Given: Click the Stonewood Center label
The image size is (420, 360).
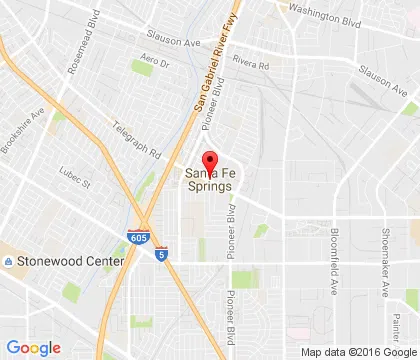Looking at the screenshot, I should coord(70,261).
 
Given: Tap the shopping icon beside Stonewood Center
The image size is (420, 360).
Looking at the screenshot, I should coord(9,261).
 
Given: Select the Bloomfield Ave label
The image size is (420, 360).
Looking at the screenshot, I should coord(334,264).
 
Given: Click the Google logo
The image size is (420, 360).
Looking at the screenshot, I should coord(33,347).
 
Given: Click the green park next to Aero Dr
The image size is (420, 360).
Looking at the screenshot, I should coord(140,68).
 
